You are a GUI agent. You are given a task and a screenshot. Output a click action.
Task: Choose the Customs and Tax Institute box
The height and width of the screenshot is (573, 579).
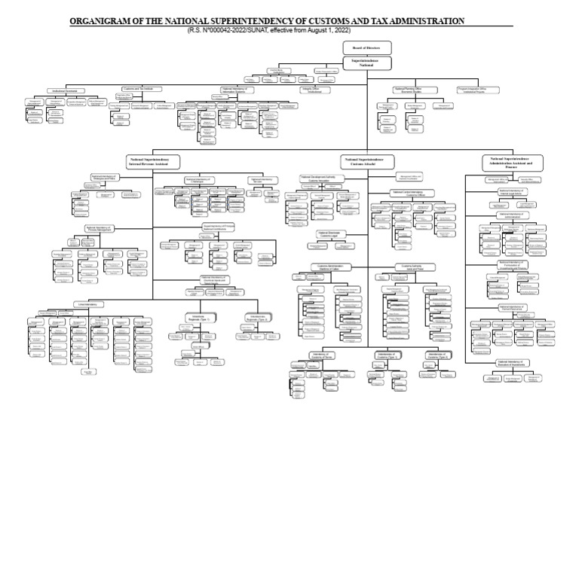(138, 89)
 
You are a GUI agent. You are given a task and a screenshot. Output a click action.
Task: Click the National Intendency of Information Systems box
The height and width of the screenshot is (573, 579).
(239, 89)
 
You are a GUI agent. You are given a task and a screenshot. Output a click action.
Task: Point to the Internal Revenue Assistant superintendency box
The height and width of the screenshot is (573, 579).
(154, 162)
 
